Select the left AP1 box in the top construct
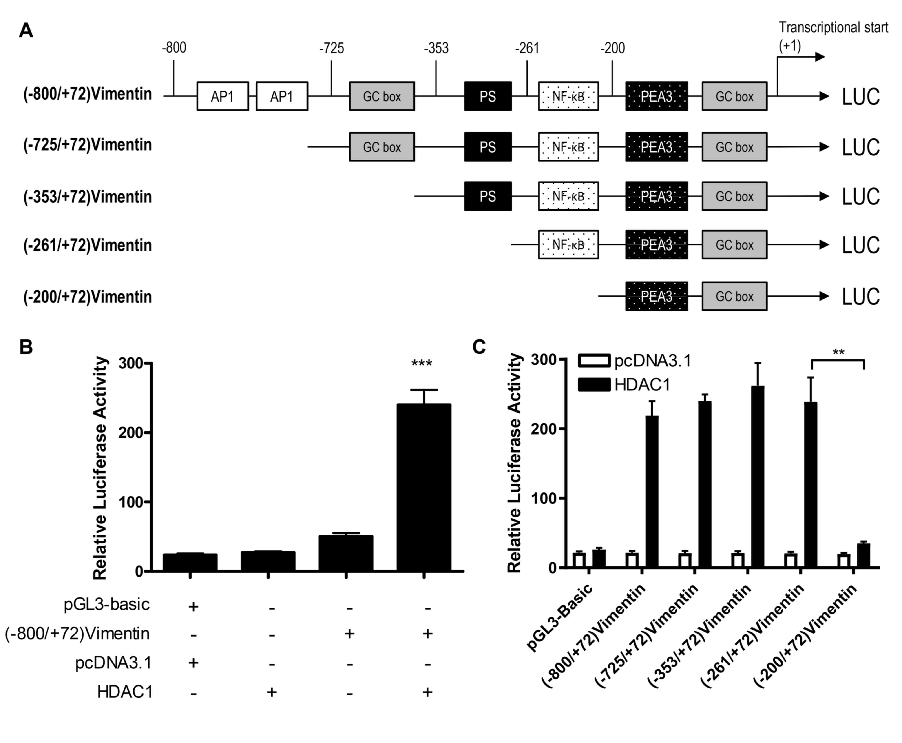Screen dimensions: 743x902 (223, 96)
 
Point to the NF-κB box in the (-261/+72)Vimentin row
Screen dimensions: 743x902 (568, 245)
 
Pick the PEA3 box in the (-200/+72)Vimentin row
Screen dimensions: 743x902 (656, 296)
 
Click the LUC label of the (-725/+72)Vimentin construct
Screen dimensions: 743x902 (860, 147)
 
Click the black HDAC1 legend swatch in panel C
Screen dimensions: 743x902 (594, 384)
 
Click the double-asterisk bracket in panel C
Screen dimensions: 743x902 (838, 360)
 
